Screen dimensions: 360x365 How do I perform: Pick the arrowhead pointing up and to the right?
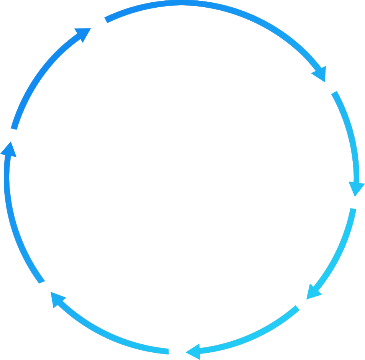pyautogui.click(x=82, y=34)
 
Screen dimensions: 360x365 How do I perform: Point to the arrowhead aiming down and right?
pyautogui.click(x=320, y=73)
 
